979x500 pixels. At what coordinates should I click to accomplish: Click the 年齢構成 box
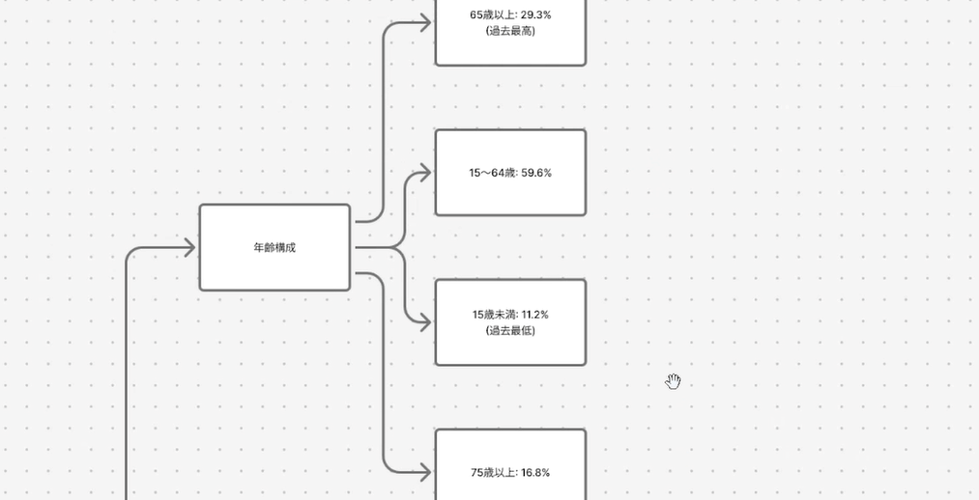(x=274, y=247)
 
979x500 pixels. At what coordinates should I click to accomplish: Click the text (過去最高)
(x=510, y=31)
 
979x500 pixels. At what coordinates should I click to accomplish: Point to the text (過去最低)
(x=510, y=331)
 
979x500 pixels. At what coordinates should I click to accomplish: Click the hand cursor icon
(x=674, y=382)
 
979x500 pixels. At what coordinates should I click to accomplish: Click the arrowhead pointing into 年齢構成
(x=188, y=248)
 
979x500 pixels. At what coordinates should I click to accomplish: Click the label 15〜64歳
(x=491, y=173)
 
